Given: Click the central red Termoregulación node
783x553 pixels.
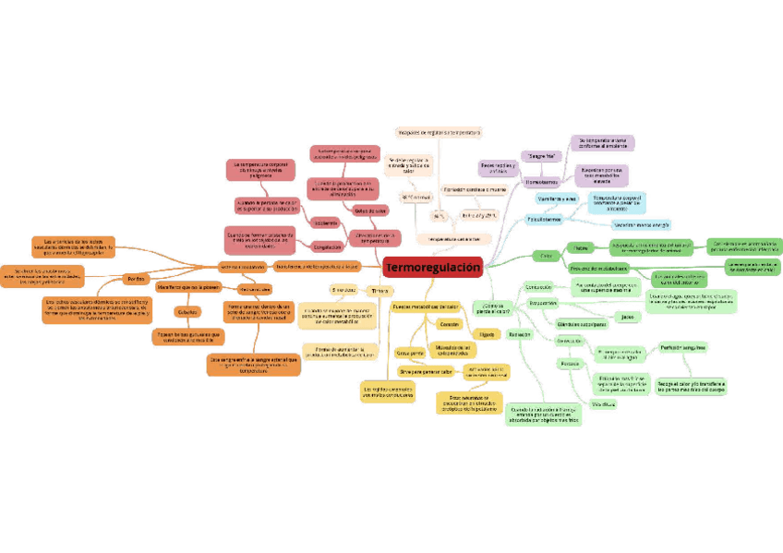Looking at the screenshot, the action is click(433, 268).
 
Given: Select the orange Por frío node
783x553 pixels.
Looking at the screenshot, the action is click(135, 278).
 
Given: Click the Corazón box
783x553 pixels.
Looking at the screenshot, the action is click(449, 325).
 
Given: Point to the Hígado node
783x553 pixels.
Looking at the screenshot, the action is click(487, 333).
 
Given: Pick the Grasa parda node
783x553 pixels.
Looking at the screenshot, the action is click(410, 353).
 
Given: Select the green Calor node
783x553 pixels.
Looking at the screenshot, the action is click(546, 255).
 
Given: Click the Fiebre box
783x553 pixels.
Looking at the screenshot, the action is click(580, 247).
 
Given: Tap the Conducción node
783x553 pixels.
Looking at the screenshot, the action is click(538, 287).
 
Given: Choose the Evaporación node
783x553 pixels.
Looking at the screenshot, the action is click(543, 303).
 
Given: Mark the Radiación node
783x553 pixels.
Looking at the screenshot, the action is click(519, 334).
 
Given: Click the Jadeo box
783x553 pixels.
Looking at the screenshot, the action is click(627, 317).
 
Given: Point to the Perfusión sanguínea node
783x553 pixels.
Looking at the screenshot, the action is click(683, 347).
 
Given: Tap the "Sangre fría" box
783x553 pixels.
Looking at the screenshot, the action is click(541, 156).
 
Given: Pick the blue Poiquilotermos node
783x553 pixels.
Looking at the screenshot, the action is click(544, 220).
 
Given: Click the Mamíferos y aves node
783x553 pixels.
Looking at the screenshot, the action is click(557, 198).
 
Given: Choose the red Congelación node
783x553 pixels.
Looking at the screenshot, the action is click(326, 246).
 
